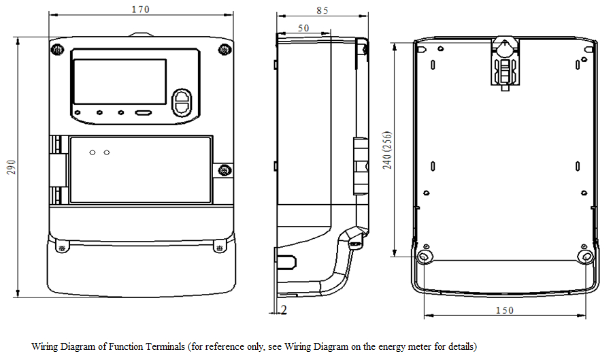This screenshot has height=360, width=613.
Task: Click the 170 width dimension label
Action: coord(141,10)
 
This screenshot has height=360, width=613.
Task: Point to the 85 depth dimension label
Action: coord(322,10)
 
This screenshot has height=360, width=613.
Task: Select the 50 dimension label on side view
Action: coord(303,28)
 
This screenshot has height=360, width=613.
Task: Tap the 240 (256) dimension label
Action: coord(387,150)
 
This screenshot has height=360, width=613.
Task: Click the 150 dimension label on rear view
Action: coord(504,310)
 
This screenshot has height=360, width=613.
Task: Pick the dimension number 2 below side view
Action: coord(283,310)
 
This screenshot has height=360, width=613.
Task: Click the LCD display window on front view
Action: coord(119,82)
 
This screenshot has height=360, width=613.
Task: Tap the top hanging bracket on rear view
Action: coord(505,61)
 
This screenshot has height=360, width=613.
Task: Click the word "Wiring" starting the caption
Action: coord(45,346)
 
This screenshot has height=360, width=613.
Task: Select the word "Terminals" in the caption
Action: coord(166,346)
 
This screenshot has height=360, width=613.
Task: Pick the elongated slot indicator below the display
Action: coord(143,114)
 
